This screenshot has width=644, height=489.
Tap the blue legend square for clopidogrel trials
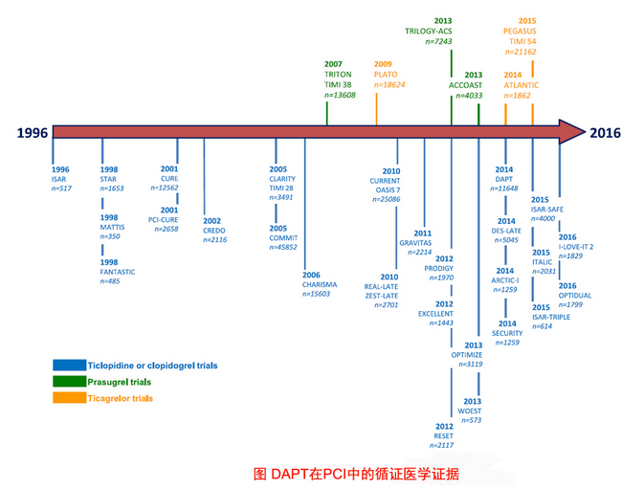(x=68, y=365)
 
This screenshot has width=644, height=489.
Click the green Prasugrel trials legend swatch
(x=68, y=381)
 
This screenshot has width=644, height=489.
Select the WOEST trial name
(x=469, y=411)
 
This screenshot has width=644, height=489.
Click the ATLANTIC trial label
(x=522, y=84)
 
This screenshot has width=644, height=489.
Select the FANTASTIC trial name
(x=118, y=272)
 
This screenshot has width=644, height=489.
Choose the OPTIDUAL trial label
(x=575, y=296)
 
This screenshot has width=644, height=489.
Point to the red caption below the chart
(x=356, y=473)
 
